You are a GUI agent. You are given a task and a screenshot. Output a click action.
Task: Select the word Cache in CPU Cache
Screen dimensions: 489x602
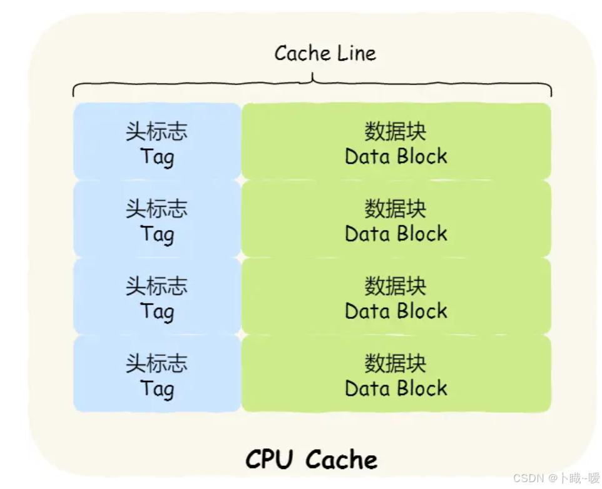pos(342,460)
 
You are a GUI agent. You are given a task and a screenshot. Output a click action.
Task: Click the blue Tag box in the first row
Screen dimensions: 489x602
pos(156,142)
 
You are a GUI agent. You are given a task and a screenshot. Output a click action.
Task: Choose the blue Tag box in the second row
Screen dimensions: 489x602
pos(156,219)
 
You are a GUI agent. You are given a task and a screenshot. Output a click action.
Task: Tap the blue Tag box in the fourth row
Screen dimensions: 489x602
pos(156,374)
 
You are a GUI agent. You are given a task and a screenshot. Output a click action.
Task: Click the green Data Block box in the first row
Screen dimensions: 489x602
pos(396,142)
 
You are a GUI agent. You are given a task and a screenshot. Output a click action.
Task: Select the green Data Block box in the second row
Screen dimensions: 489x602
pos(396,219)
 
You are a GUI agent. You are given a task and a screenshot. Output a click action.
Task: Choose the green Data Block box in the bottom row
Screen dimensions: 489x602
pos(396,374)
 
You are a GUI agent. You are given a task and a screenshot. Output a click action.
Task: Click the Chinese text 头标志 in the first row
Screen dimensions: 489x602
pos(156,132)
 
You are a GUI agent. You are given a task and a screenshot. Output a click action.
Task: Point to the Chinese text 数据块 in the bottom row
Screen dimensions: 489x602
pos(395,363)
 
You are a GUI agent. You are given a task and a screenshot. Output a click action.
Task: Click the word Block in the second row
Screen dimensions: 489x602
pos(422,234)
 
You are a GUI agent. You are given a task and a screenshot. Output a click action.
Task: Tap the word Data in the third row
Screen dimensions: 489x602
pos(367,311)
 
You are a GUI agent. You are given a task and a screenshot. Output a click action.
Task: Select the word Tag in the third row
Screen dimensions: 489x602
pos(156,311)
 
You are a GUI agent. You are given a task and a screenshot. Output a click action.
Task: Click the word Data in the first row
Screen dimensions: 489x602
pos(367,156)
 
